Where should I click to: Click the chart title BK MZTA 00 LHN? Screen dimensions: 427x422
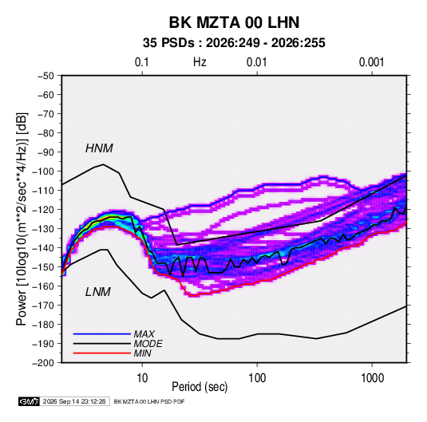tap(234, 22)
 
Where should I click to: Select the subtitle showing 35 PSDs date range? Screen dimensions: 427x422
tap(234, 43)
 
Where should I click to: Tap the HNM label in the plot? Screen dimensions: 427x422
tap(99, 148)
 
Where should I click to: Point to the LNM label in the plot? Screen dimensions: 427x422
tap(98, 292)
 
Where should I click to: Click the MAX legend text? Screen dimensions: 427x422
tap(144, 333)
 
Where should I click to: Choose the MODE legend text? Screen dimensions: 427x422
tap(148, 344)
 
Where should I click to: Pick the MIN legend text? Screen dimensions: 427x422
tap(142, 353)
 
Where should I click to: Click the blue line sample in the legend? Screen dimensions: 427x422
tap(102, 333)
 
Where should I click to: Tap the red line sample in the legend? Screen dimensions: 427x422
tap(102, 353)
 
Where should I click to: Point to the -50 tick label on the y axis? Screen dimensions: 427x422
tap(45, 76)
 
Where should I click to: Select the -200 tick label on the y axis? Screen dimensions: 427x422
tap(43, 363)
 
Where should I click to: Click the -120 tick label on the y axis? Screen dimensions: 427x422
tap(43, 210)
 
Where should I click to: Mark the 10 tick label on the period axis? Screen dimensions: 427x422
tap(142, 378)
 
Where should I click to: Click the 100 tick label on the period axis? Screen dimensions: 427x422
tap(257, 378)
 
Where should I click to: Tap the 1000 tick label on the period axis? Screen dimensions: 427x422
tap(372, 378)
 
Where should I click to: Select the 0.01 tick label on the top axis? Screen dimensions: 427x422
tap(256, 62)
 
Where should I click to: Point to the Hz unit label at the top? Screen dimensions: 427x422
tap(200, 62)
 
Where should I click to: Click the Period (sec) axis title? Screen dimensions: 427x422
tap(200, 387)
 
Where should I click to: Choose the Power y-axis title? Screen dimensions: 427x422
tap(22, 219)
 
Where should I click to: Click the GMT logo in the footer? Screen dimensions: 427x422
tap(30, 401)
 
